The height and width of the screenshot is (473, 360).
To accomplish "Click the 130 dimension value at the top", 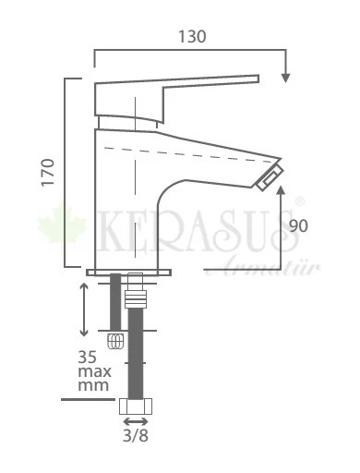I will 191,37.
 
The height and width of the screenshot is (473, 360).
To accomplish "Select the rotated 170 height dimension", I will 49,173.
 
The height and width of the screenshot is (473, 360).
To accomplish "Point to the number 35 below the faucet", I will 89,356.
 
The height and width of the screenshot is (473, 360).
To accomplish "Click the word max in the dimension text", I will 93,371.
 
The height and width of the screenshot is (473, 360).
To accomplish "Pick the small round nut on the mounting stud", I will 115,340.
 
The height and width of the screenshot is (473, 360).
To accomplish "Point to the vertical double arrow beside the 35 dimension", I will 84,309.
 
